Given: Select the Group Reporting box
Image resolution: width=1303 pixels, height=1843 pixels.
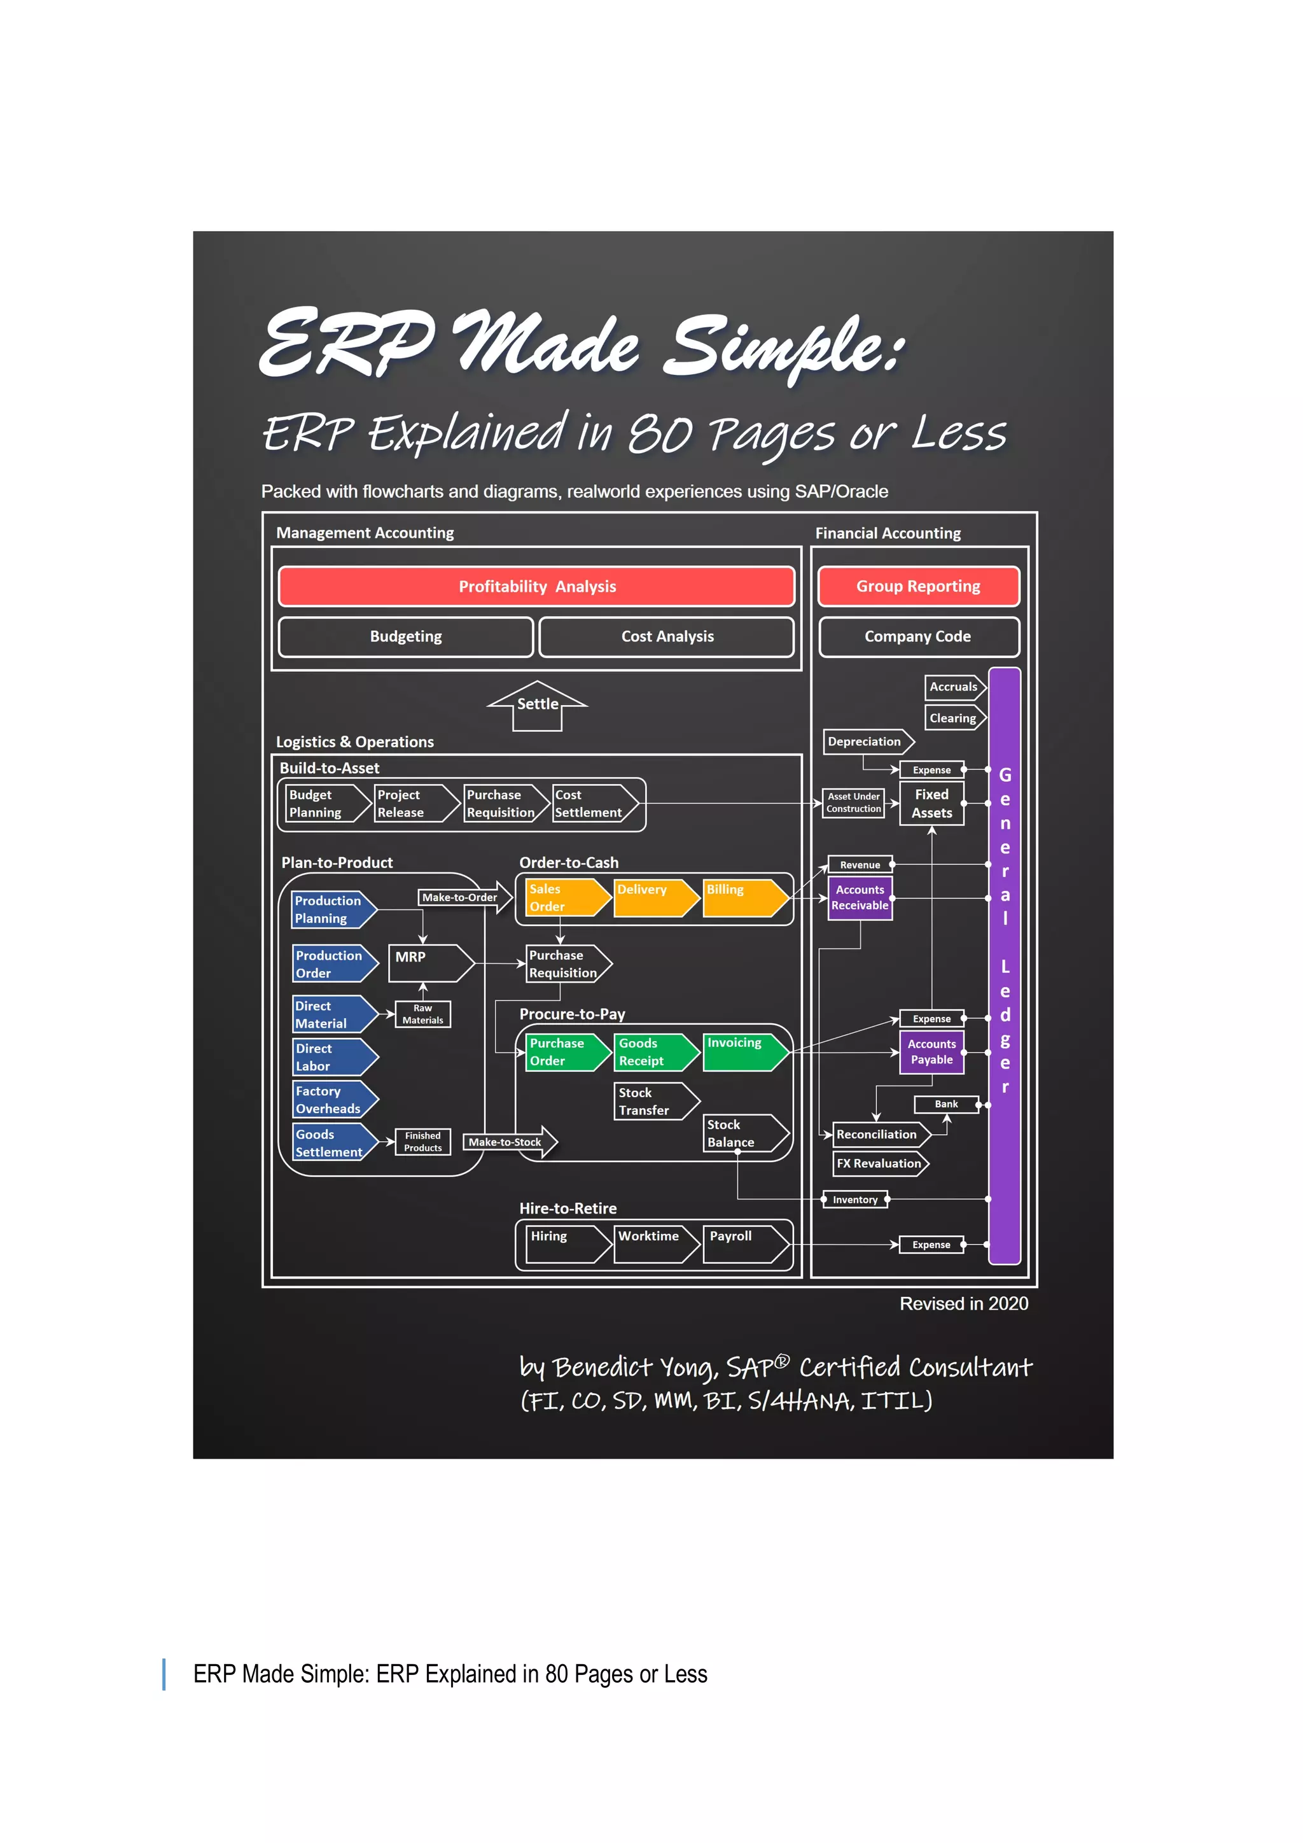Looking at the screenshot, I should pos(918,587).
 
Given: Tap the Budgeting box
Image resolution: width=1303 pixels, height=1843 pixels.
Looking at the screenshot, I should pos(405,636).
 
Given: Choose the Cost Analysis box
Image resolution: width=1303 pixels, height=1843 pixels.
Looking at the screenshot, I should pos(667,636).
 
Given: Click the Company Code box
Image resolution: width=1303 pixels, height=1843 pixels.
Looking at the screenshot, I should pos(918,636).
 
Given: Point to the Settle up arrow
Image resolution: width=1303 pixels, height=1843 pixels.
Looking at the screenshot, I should pos(538,704).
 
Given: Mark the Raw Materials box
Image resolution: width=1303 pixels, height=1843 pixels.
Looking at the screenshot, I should pos(423,1014).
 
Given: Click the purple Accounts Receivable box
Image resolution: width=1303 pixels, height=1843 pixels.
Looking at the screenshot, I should pos(860,897).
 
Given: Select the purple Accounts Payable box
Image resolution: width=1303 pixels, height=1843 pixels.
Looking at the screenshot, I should pos(931,1051).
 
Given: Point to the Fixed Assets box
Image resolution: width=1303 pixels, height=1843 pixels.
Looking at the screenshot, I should pos(931,804).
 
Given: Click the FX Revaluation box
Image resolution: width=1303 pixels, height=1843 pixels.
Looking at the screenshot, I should pos(879,1163).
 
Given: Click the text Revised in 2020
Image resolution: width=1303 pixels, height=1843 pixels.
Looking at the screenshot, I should pos(964,1303).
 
